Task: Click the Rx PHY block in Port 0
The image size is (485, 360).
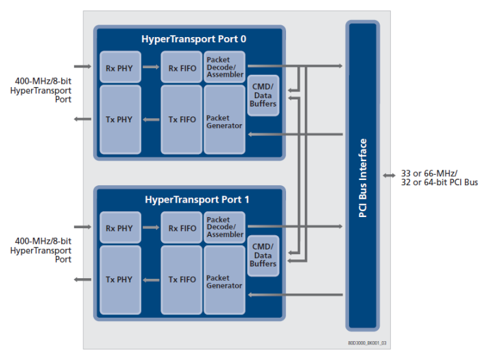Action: [120, 67]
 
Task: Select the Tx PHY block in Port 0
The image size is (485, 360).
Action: [120, 119]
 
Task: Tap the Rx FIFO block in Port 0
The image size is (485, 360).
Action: [182, 67]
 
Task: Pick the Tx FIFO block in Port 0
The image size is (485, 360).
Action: [182, 119]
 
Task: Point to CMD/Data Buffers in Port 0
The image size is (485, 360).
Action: [263, 96]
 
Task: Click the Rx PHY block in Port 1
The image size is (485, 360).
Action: [120, 228]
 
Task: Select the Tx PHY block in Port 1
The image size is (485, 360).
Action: [120, 279]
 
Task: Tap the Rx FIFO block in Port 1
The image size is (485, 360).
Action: [182, 228]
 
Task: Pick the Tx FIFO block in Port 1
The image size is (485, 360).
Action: [182, 279]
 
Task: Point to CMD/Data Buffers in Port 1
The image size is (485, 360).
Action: [263, 256]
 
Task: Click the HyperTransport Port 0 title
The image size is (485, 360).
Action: [189, 39]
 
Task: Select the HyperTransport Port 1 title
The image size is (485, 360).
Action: [189, 199]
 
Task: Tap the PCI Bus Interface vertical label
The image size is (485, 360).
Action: [363, 177]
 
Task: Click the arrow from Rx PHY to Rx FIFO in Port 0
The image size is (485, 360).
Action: [151, 66]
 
